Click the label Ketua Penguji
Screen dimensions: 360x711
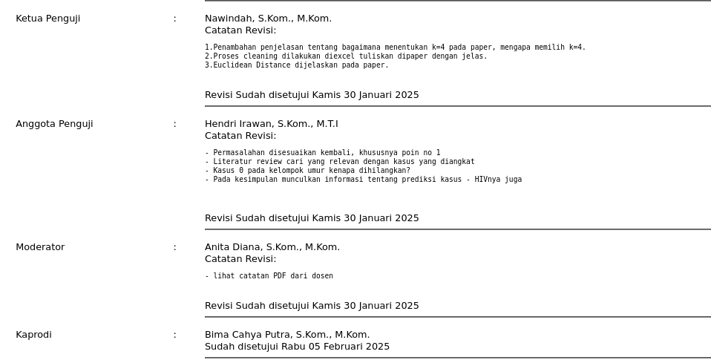(x=47, y=19)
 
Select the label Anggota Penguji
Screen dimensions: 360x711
(x=54, y=124)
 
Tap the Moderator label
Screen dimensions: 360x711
(x=40, y=247)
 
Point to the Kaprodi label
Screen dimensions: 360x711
(x=33, y=335)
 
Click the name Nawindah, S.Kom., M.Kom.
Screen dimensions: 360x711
(x=268, y=19)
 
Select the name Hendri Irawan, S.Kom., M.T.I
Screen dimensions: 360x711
(x=271, y=124)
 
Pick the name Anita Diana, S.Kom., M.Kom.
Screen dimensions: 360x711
(x=272, y=247)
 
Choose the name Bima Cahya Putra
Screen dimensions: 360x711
(x=286, y=335)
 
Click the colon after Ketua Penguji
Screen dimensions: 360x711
(x=175, y=19)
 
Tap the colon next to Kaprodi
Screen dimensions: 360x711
(x=175, y=335)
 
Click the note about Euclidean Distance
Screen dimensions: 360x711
(x=296, y=65)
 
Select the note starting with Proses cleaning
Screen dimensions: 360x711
(x=346, y=56)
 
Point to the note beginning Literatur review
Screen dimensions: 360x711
(x=339, y=162)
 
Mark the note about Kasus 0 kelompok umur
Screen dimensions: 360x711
(x=307, y=171)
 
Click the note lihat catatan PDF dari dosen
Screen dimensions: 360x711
(x=269, y=276)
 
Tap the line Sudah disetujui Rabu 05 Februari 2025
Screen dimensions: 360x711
(x=297, y=347)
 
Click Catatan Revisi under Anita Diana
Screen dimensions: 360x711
(x=240, y=259)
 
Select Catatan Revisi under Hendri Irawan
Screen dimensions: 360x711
(x=240, y=136)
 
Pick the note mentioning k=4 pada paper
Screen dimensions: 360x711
(x=395, y=48)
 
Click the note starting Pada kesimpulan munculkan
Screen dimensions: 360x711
(x=363, y=180)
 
